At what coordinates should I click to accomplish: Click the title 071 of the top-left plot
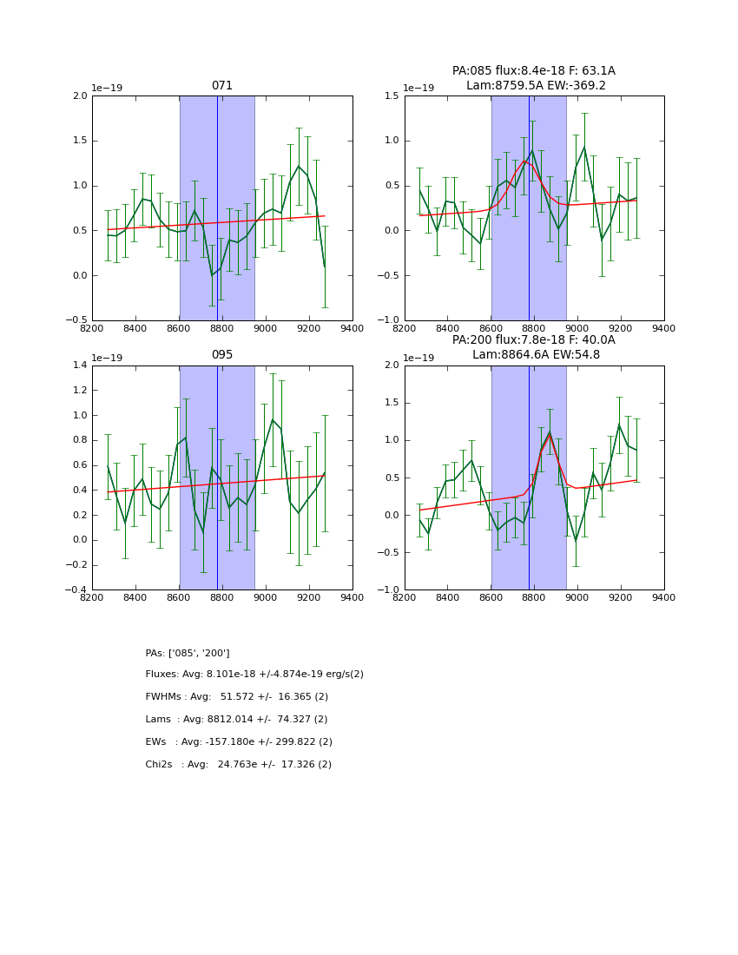point(222,86)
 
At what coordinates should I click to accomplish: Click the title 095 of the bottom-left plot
point(222,355)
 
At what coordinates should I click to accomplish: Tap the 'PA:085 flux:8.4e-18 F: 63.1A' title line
point(533,71)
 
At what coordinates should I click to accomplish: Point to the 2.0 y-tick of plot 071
point(80,96)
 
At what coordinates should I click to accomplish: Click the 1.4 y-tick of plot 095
point(80,366)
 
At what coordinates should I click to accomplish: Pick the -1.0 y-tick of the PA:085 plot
point(390,320)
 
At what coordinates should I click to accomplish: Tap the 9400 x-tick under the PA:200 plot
point(664,597)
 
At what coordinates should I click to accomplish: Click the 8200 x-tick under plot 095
point(92,597)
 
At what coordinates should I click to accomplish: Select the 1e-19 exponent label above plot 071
point(107,89)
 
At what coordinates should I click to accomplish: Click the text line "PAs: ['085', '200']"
point(188,653)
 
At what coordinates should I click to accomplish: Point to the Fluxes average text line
point(254,675)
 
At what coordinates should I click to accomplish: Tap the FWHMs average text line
point(237,697)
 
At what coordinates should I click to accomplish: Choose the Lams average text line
point(236,720)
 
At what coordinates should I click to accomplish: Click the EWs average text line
point(239,742)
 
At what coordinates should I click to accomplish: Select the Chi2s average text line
point(238,765)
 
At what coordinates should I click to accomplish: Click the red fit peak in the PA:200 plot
point(549,434)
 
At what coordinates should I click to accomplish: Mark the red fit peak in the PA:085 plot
point(524,161)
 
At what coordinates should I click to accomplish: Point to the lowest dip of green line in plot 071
point(212,275)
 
